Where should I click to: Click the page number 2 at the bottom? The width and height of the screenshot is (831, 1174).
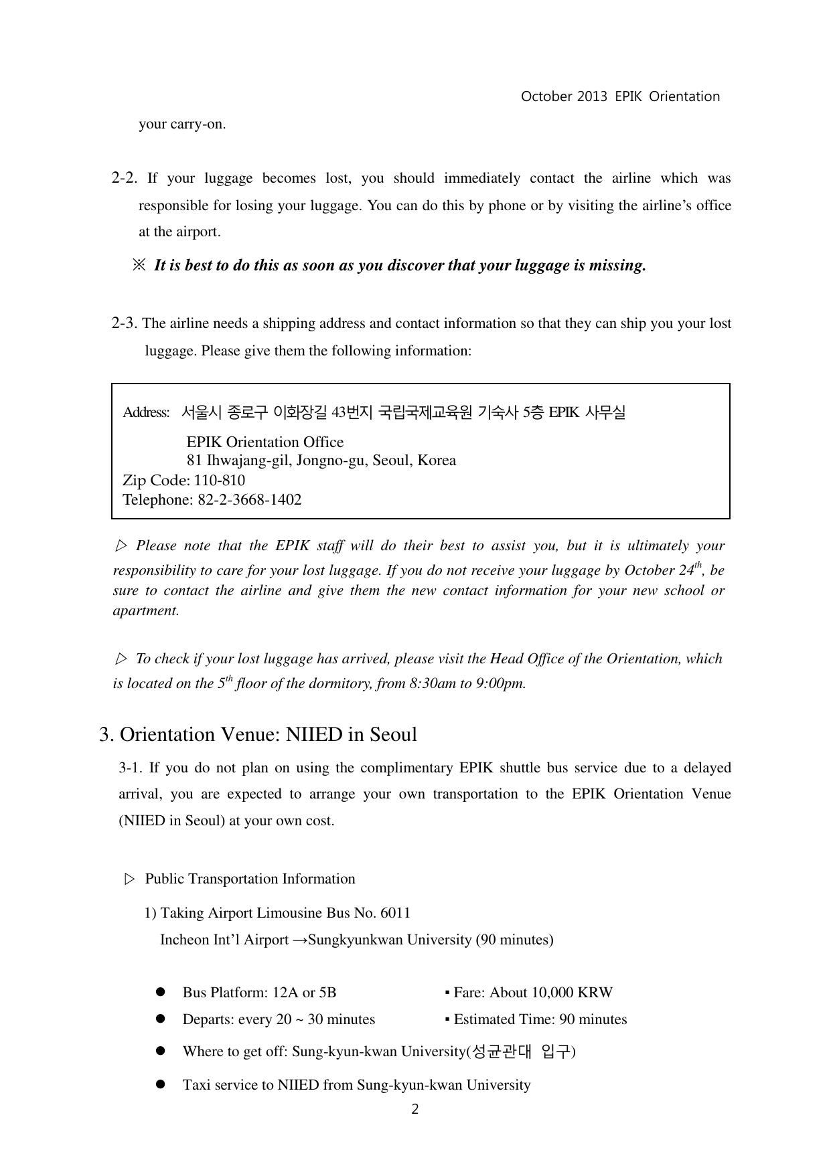pos(415,1109)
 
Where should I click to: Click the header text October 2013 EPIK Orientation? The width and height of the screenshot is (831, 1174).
pos(620,96)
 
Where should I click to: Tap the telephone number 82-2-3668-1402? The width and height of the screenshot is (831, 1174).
pos(249,500)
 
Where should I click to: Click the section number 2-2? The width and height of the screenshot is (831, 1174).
pos(125,178)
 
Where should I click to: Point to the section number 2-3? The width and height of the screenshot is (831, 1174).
pos(125,323)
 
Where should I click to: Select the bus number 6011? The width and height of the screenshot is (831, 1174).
pos(395,913)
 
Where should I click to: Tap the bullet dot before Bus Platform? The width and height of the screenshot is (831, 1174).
pos(160,992)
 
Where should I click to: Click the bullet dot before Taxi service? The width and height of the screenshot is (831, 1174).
pos(160,1084)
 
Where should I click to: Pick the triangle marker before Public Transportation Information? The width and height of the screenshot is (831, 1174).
pos(130,879)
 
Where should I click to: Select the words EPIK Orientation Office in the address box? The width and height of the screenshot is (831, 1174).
pos(265,442)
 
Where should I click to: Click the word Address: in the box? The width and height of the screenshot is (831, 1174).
pos(146,412)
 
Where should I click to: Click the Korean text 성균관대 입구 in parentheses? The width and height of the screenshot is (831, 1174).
pos(522,1052)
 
